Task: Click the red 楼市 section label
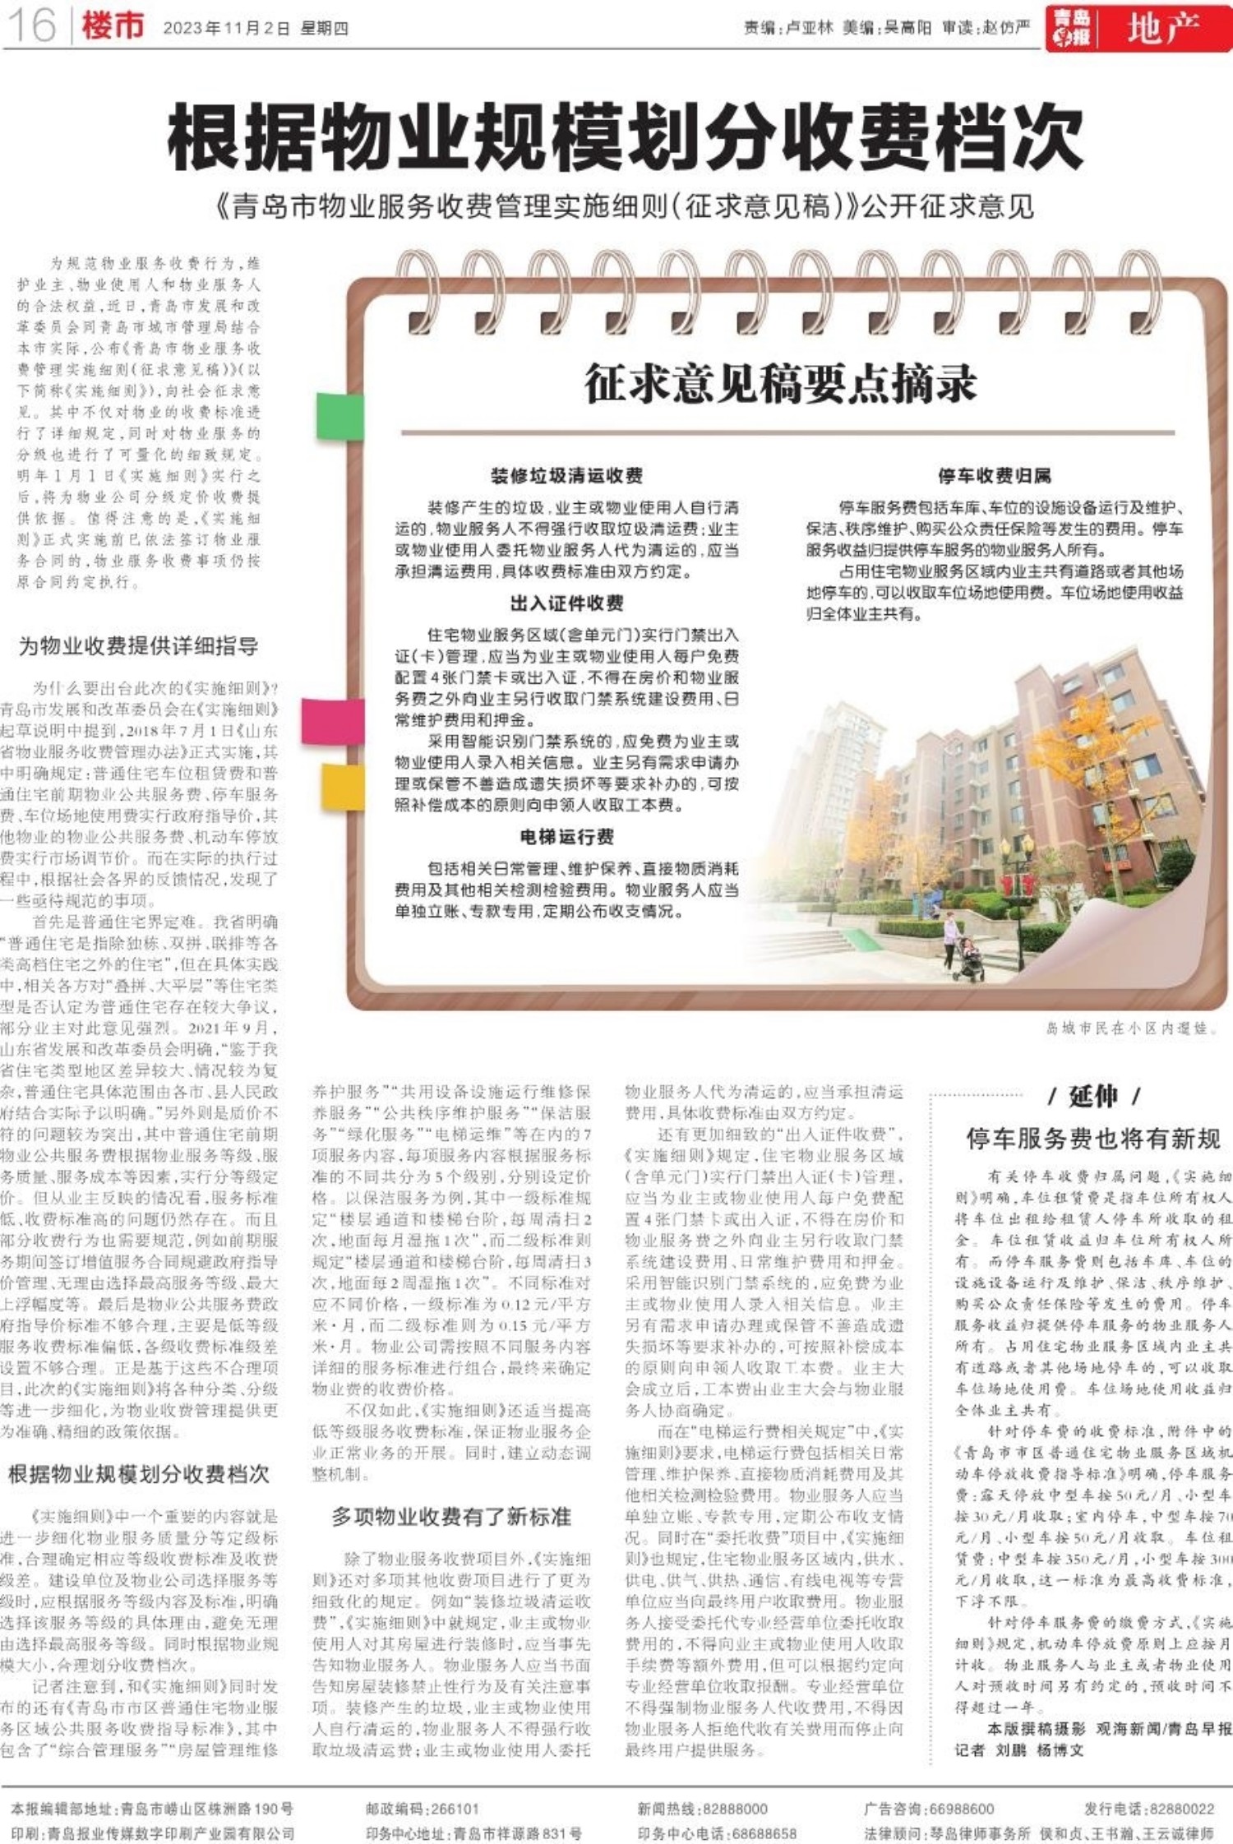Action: coord(113,26)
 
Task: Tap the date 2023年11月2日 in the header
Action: coord(227,28)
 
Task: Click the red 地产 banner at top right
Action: coord(1162,30)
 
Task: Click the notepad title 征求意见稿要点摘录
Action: coord(780,384)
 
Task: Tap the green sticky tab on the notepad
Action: coord(339,416)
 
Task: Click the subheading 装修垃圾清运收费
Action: coord(566,475)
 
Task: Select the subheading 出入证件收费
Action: coord(566,603)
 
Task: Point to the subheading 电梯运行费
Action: coord(566,837)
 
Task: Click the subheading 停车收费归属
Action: coord(994,475)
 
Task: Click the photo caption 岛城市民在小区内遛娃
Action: coord(1131,1028)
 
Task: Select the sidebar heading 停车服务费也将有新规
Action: coord(1092,1139)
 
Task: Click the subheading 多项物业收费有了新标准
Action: coord(451,1516)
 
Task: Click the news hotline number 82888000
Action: coord(734,1809)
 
